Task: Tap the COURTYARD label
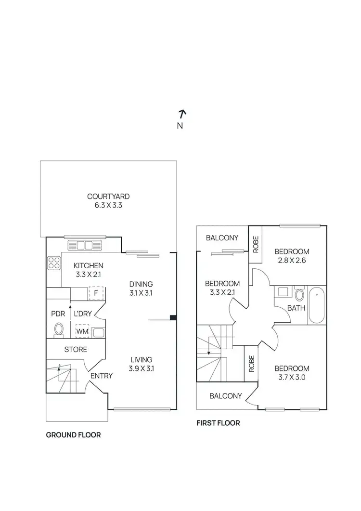[x=108, y=197]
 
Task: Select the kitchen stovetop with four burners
[x=53, y=263]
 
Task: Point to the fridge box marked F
[x=96, y=293]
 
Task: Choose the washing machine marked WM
[x=82, y=332]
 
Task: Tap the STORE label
[x=76, y=349]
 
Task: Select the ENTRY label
[x=101, y=376]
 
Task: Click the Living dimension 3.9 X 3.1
[x=141, y=369]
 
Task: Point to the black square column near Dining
[x=173, y=317]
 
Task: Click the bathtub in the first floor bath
[x=316, y=305]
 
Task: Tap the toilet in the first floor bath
[x=299, y=294]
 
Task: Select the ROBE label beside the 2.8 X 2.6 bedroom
[x=255, y=245]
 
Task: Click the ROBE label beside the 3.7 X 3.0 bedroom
[x=251, y=364]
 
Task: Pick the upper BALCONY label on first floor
[x=222, y=238]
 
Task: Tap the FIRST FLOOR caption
[x=218, y=423]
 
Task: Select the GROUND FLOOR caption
[x=73, y=435]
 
